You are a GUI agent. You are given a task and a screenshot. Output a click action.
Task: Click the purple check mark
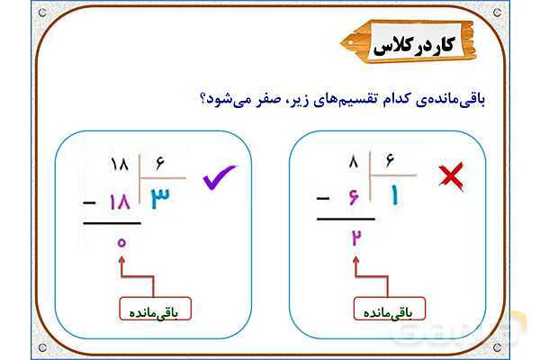pos(219,178)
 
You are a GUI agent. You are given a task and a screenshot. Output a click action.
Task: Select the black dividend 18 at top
pos(119,165)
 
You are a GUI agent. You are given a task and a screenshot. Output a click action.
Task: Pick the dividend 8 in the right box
pos(354,163)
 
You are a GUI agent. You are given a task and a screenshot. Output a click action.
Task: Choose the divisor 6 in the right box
pos(390,162)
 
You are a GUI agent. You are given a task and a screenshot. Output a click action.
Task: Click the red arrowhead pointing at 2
pos(357,259)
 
